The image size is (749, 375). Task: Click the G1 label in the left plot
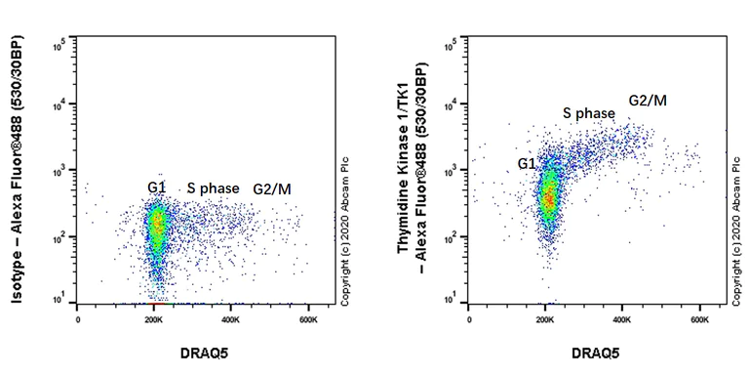[158, 187]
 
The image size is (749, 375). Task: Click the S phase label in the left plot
[213, 187]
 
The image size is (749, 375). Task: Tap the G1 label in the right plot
[528, 164]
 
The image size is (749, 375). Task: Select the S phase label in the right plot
[588, 113]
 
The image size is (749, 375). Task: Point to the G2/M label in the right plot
[648, 101]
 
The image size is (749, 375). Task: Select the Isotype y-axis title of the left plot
[18, 173]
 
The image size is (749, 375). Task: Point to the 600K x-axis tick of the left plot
[309, 319]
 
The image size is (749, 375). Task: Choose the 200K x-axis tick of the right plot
[546, 319]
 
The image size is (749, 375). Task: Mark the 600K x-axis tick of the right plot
[700, 319]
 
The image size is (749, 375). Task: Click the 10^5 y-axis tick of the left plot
[59, 43]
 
